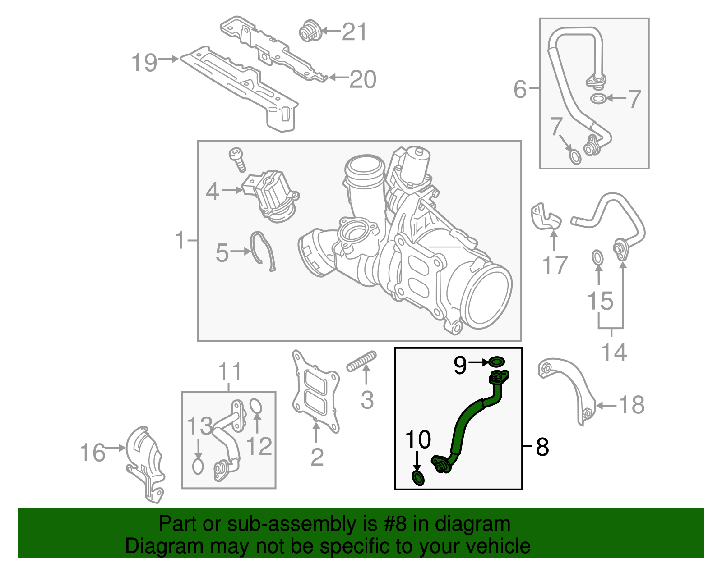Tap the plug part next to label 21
(x=310, y=32)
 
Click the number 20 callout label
(x=363, y=79)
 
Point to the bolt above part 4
(x=237, y=159)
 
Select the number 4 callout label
(x=212, y=192)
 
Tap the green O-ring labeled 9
(x=497, y=362)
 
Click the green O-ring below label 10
(x=418, y=478)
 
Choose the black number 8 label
(x=542, y=447)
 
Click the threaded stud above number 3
(x=361, y=361)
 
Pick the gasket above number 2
(x=315, y=392)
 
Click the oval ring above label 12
(x=255, y=406)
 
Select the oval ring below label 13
(x=198, y=466)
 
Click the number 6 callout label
(x=520, y=89)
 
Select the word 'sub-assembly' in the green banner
(x=292, y=524)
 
